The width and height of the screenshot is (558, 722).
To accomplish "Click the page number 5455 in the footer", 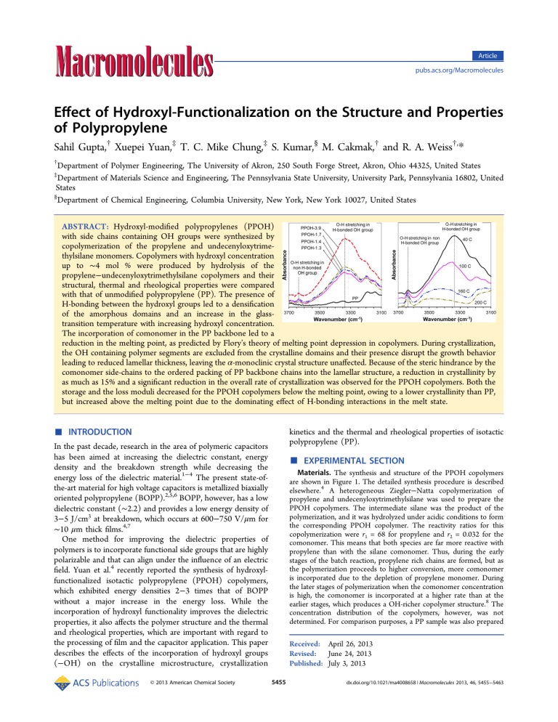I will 279,703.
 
